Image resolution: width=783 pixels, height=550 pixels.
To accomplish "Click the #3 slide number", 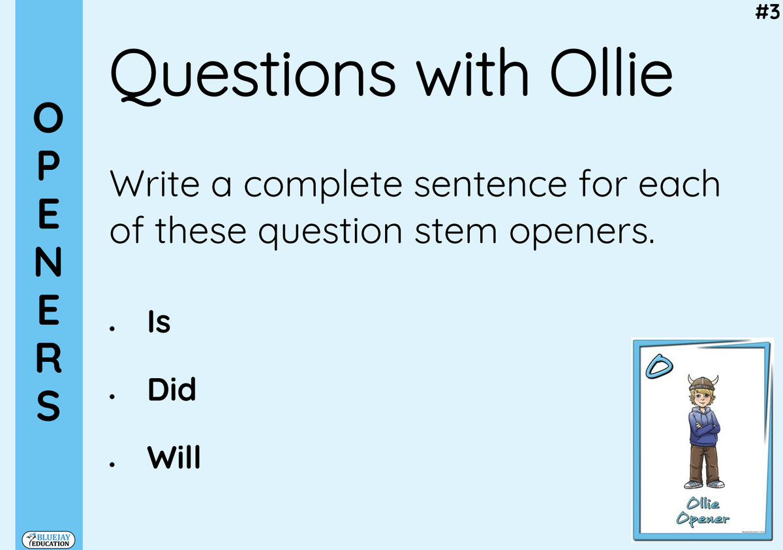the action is (767, 12).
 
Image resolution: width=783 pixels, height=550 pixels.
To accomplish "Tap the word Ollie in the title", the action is (611, 72).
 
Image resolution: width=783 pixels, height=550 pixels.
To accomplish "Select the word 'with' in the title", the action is (472, 72).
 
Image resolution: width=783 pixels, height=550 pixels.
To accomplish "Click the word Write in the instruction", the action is (155, 184).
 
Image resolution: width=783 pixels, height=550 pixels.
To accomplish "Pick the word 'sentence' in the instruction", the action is (490, 184).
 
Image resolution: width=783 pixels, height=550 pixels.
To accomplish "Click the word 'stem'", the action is (455, 232).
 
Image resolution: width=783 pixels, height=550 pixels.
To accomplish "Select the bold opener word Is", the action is (159, 321).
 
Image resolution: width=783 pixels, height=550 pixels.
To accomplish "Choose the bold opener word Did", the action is (172, 389).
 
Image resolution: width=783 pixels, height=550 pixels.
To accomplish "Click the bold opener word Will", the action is (174, 457).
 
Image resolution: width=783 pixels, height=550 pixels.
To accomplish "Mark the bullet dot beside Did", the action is (112, 396).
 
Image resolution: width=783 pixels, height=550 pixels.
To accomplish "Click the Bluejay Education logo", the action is (48, 540).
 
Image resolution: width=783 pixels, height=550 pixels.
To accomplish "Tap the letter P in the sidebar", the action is (48, 165).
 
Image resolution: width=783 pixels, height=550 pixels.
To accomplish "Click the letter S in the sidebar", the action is (48, 406).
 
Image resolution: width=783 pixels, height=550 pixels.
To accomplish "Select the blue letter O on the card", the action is (659, 366).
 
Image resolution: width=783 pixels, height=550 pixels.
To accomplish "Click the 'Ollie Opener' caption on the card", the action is (703, 511).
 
